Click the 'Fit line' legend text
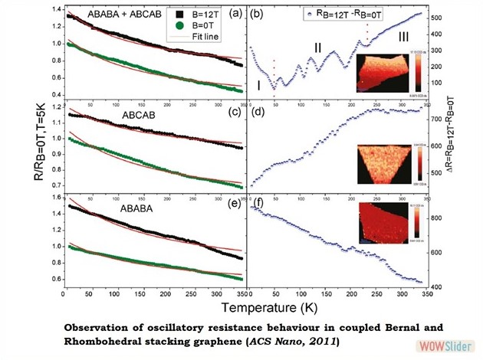tap(205, 36)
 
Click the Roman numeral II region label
tap(317, 47)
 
